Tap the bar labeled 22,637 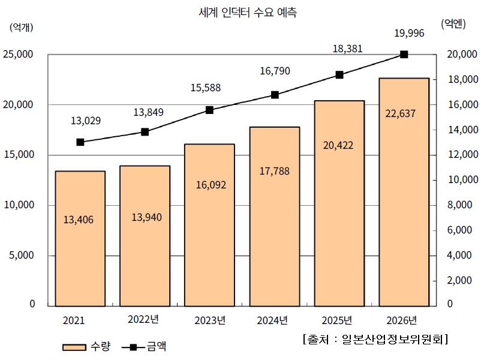(x=404, y=192)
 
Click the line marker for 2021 (x=80, y=142)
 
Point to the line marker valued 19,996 (x=404, y=55)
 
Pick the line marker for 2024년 (x=275, y=95)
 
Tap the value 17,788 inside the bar (x=275, y=171)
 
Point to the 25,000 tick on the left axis (x=18, y=55)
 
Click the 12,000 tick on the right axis (x=462, y=155)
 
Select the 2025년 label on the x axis (x=339, y=320)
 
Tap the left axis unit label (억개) (x=22, y=26)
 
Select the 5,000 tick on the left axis (x=22, y=255)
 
